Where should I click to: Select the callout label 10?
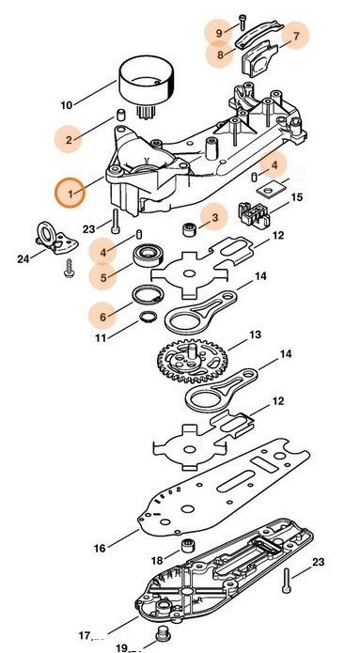click(66, 104)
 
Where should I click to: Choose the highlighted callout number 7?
click(296, 38)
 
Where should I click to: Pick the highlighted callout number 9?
click(219, 33)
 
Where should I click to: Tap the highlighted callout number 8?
click(220, 54)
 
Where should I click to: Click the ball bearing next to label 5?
click(149, 254)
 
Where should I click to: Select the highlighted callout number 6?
click(103, 308)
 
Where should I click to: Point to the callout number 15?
click(296, 198)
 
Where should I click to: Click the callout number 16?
click(99, 546)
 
